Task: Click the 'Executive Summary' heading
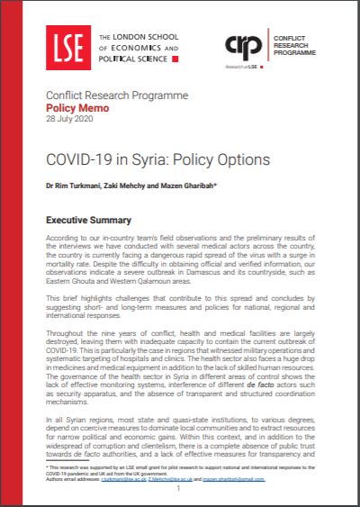(x=88, y=221)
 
